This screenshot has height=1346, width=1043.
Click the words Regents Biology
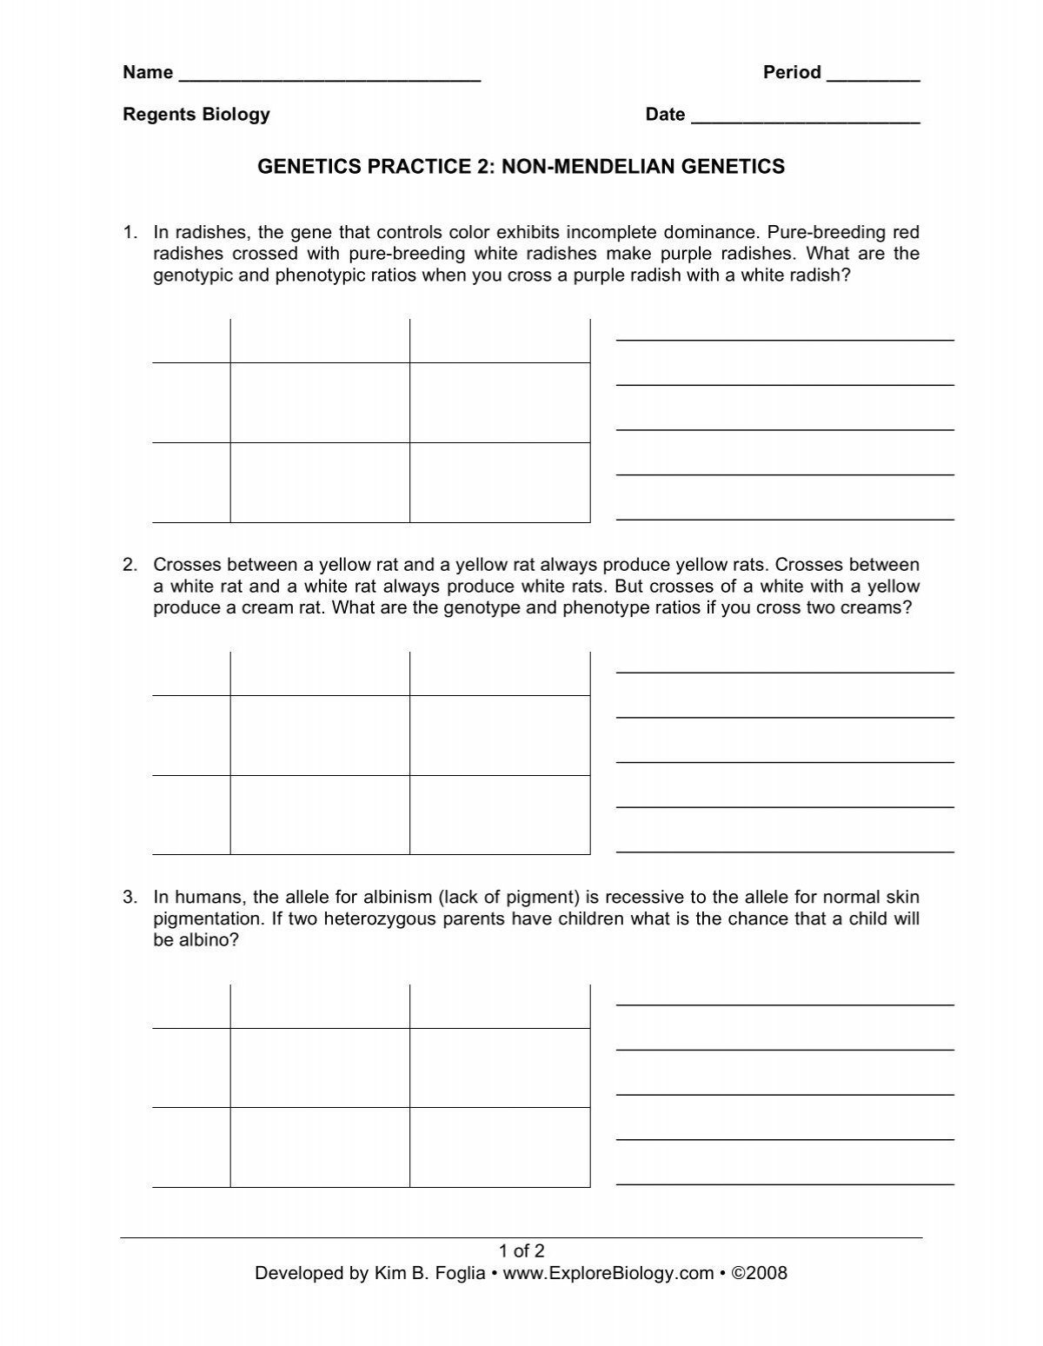(x=196, y=115)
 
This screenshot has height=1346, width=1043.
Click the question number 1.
(x=130, y=233)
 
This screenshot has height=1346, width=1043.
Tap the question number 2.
(x=130, y=566)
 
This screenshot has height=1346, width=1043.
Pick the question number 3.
(x=130, y=898)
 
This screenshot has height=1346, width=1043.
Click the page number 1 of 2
(x=521, y=1251)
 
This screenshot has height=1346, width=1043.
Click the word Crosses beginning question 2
(x=185, y=566)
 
